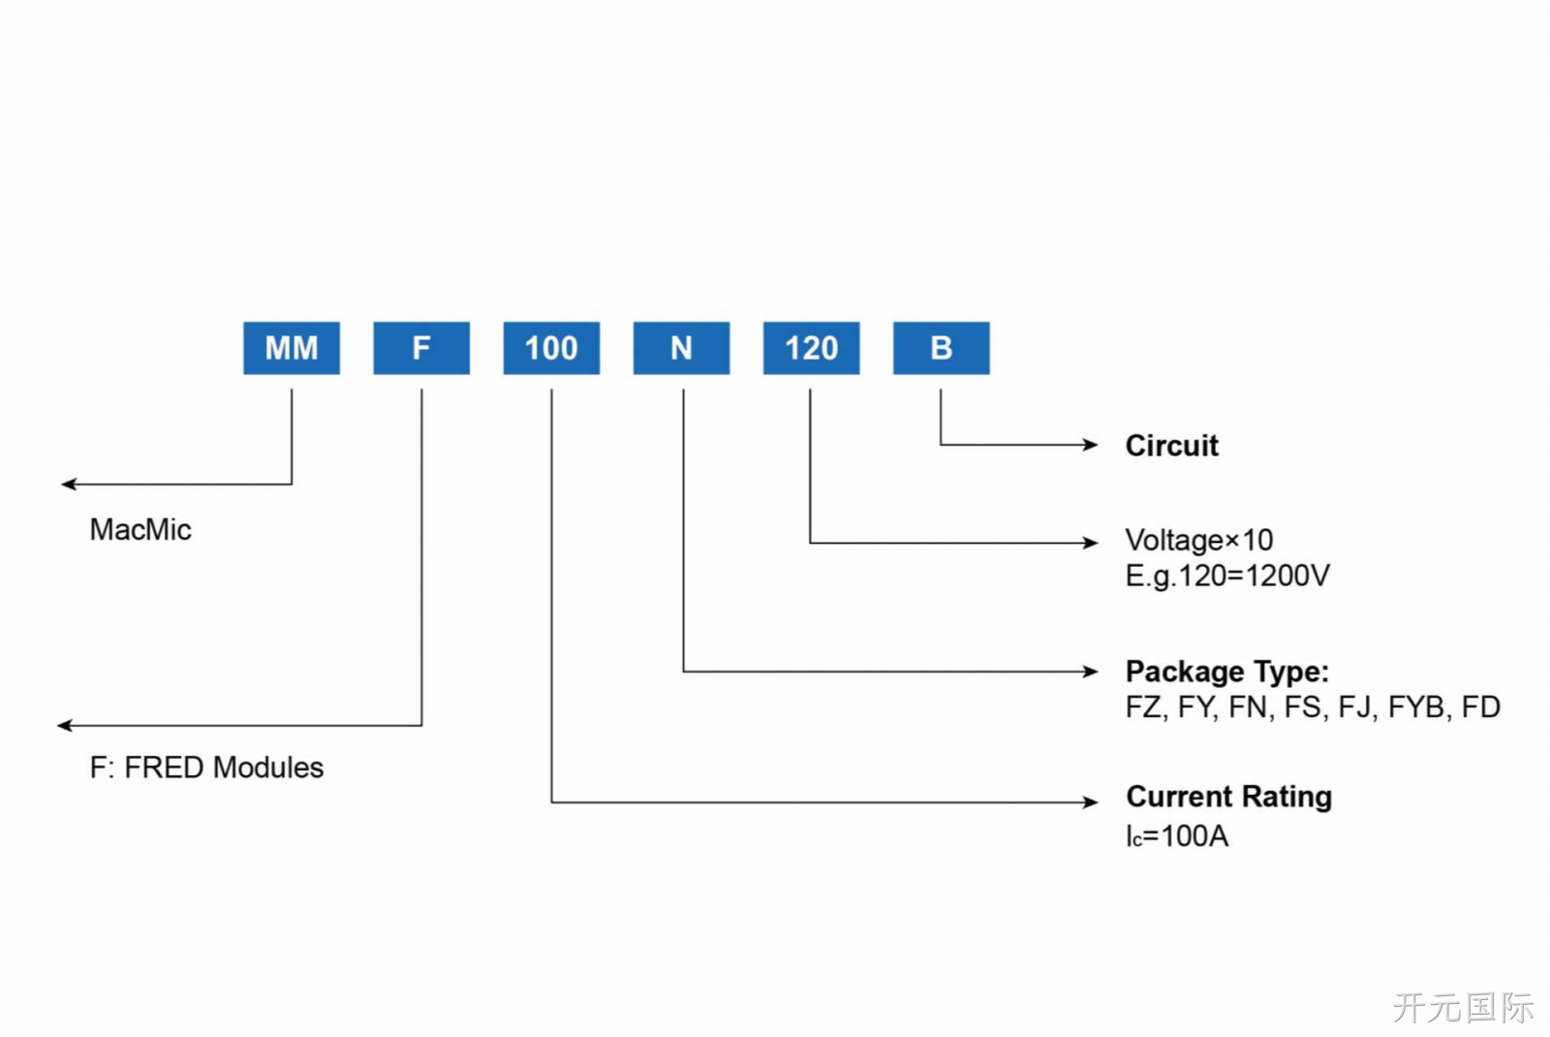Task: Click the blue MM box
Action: [x=292, y=348]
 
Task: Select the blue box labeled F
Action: [x=421, y=348]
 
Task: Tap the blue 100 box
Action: [x=551, y=348]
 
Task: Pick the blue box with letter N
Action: [x=682, y=348]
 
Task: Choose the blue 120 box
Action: [x=812, y=348]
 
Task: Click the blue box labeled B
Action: [x=941, y=348]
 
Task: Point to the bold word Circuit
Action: [x=1171, y=445]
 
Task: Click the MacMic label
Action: [x=140, y=529]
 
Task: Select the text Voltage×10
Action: [x=1199, y=540]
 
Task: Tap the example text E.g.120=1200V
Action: [x=1227, y=576]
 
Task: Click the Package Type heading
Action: [x=1227, y=672]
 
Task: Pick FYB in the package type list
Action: [x=1416, y=707]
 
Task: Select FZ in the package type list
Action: [x=1143, y=707]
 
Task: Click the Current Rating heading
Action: [x=1229, y=796]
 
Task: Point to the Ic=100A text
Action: [x=1177, y=836]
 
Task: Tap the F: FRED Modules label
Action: [x=206, y=767]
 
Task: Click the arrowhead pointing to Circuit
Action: [x=1091, y=445]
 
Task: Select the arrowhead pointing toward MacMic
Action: [x=69, y=484]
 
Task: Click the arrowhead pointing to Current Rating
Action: [x=1091, y=801]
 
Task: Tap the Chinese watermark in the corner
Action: [x=1463, y=1007]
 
